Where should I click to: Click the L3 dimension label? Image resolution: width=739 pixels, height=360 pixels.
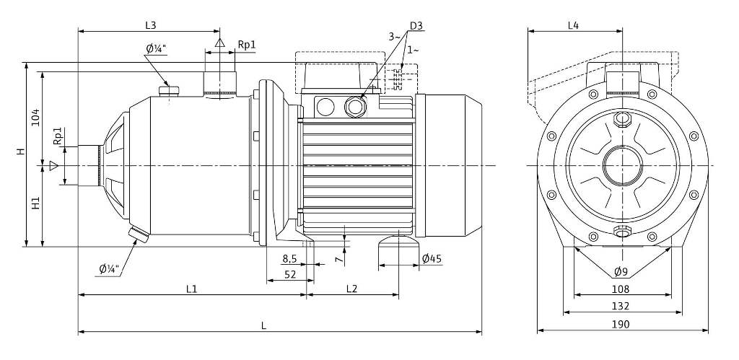point(150,25)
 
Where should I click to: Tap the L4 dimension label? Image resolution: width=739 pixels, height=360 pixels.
point(573,25)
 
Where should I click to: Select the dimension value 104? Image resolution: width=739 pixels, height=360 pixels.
point(35,118)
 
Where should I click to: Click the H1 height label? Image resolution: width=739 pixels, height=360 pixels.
point(35,203)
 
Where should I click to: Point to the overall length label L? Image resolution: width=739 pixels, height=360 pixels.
point(264,325)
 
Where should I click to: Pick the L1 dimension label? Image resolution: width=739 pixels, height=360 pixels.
point(191,289)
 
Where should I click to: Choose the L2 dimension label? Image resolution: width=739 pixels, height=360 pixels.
point(351,289)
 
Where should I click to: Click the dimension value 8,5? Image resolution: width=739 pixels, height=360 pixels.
point(289,259)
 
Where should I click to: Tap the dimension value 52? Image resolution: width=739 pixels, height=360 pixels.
point(290,274)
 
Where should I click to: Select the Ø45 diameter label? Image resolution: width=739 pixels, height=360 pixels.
point(432,258)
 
